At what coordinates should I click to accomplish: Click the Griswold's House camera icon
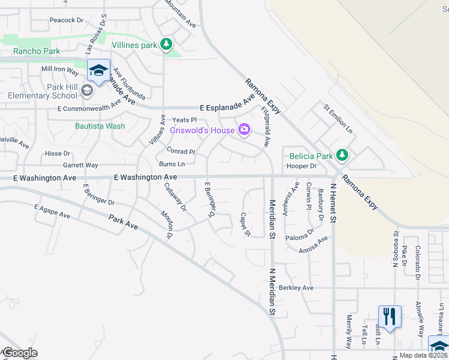point(244,129)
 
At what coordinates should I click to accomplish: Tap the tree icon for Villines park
point(166,44)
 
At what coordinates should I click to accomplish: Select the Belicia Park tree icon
point(342,156)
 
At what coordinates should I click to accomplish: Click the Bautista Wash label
point(100,126)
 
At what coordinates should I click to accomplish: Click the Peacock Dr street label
point(67,20)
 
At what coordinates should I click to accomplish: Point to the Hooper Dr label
point(301,166)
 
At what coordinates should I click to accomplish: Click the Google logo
point(19,353)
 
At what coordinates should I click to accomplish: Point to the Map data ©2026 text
point(423,355)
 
